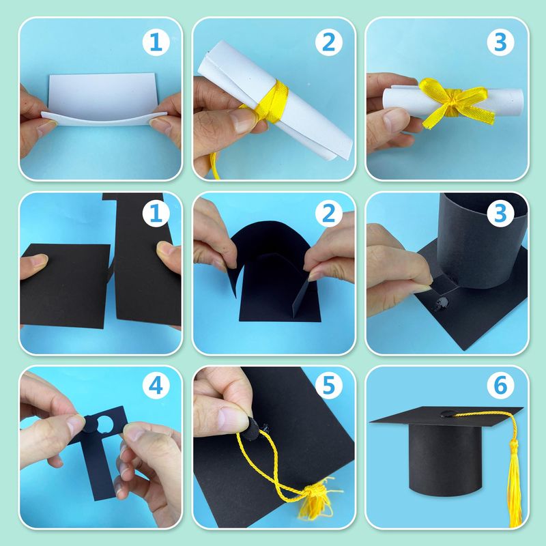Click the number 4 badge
[x=156, y=386]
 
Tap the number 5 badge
[x=329, y=386]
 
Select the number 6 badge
[x=500, y=386]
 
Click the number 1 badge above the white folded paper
[x=156, y=42]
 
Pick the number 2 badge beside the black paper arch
[x=329, y=213]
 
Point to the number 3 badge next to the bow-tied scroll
[x=500, y=42]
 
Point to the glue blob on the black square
[x=441, y=303]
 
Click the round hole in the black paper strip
[x=104, y=425]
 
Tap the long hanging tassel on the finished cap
[x=514, y=484]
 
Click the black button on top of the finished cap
[x=448, y=414]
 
